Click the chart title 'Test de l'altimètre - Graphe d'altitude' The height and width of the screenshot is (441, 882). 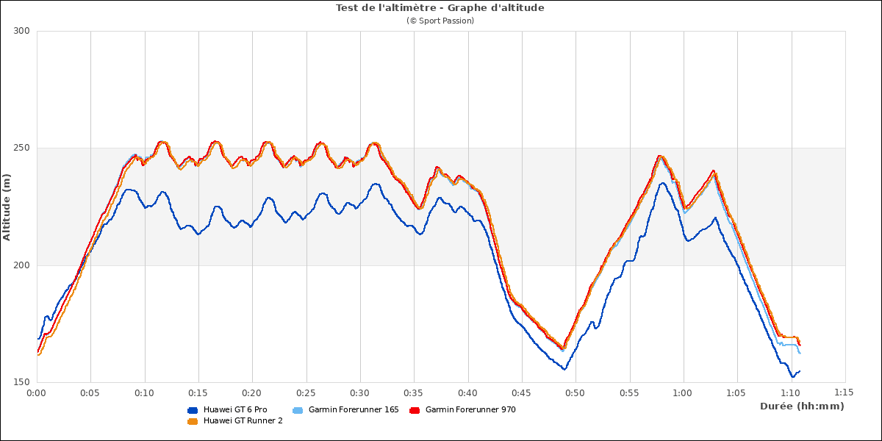(x=440, y=8)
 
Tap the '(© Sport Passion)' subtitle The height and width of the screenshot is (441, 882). (x=440, y=21)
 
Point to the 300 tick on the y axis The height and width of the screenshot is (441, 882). (x=21, y=31)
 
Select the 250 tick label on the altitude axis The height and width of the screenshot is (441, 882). (x=21, y=148)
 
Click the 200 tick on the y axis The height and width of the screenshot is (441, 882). (x=21, y=265)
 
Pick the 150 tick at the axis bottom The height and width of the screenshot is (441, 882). (x=21, y=382)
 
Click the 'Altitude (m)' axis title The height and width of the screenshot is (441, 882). (x=7, y=207)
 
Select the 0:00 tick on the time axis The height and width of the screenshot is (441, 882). (x=37, y=393)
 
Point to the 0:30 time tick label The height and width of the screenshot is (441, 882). (x=360, y=393)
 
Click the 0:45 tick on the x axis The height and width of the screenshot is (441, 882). (x=522, y=393)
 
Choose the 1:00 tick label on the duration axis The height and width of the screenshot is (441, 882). (x=684, y=393)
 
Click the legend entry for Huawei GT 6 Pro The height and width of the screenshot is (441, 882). (x=235, y=409)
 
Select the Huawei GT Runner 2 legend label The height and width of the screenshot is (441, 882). (x=243, y=420)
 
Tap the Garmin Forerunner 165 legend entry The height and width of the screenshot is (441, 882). (x=353, y=409)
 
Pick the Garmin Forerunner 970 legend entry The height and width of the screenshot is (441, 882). (x=470, y=409)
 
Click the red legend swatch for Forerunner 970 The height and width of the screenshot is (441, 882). (x=415, y=410)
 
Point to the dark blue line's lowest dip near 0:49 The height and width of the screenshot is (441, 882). (x=564, y=368)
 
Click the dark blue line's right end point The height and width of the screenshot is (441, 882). (x=800, y=371)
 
